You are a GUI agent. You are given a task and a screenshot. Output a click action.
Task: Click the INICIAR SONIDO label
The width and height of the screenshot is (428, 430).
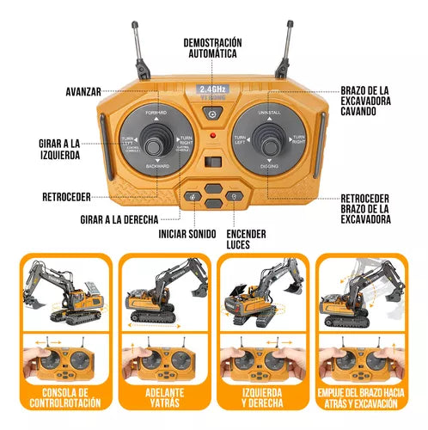pyautogui.click(x=186, y=234)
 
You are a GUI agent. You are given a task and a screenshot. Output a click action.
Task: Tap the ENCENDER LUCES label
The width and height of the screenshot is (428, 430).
pyautogui.click(x=247, y=239)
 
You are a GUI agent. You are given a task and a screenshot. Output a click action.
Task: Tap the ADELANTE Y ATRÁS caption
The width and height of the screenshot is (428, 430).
pyautogui.click(x=162, y=398)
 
